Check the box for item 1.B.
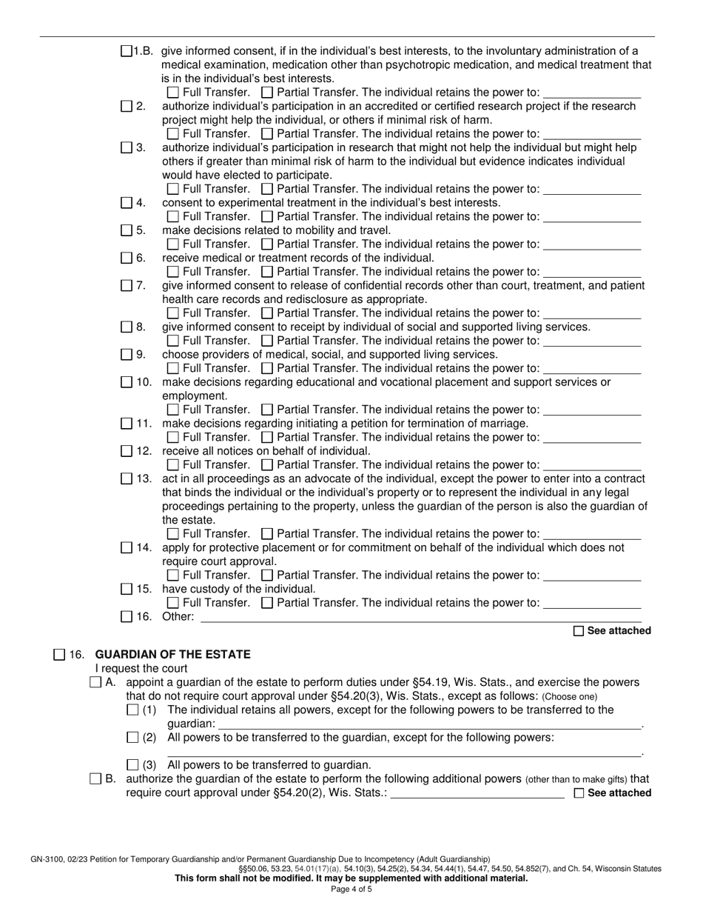pyautogui.click(x=127, y=51)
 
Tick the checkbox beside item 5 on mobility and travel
pyautogui.click(x=127, y=230)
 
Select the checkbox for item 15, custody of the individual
pyautogui.click(x=127, y=589)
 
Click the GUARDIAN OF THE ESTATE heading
pyautogui.click(x=172, y=654)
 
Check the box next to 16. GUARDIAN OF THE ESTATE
pyautogui.click(x=59, y=654)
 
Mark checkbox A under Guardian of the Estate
pyautogui.click(x=95, y=682)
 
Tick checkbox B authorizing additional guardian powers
pyautogui.click(x=95, y=778)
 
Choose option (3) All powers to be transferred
pyautogui.click(x=132, y=764)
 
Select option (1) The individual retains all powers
pyautogui.click(x=132, y=710)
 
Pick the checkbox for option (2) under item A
pyautogui.click(x=132, y=737)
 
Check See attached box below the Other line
pyautogui.click(x=579, y=631)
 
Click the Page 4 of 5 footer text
pyautogui.click(x=351, y=890)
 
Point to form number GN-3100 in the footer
pyautogui.click(x=48, y=859)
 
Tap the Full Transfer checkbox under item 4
pyautogui.click(x=173, y=216)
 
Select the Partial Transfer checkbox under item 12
pyautogui.click(x=268, y=464)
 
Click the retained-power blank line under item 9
pyautogui.click(x=591, y=368)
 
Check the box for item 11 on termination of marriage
pyautogui.click(x=127, y=424)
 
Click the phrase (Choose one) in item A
pyautogui.click(x=569, y=697)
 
